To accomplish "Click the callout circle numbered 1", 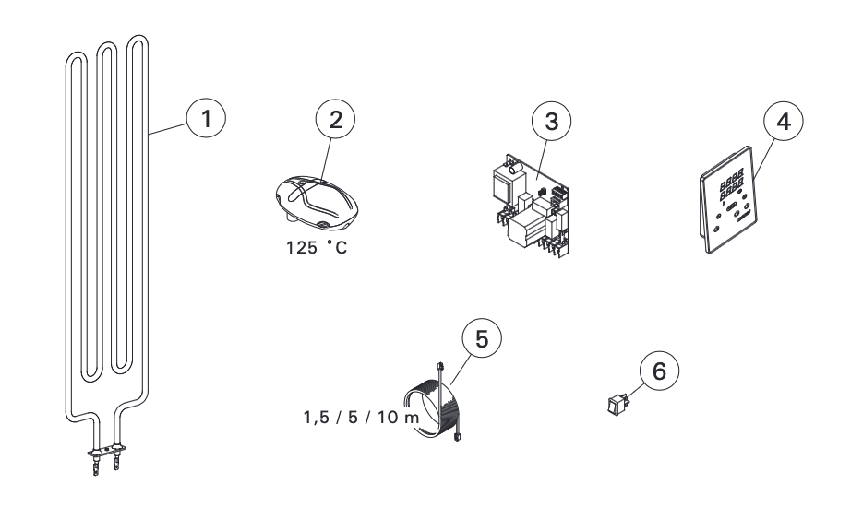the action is (x=206, y=118).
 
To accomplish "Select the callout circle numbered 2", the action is (x=335, y=119).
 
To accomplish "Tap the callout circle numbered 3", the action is (x=551, y=121).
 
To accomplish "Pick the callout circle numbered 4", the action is (x=784, y=121).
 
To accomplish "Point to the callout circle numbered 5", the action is (x=482, y=337).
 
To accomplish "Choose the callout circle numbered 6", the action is (x=659, y=371).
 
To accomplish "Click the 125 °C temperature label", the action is (x=317, y=248).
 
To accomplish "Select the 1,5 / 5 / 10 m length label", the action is (x=362, y=417).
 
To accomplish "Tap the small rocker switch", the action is (x=618, y=405).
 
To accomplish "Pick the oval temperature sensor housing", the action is (x=317, y=200).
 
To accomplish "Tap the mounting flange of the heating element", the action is (x=106, y=450).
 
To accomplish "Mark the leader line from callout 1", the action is (x=168, y=128).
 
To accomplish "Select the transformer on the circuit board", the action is (x=504, y=183).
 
